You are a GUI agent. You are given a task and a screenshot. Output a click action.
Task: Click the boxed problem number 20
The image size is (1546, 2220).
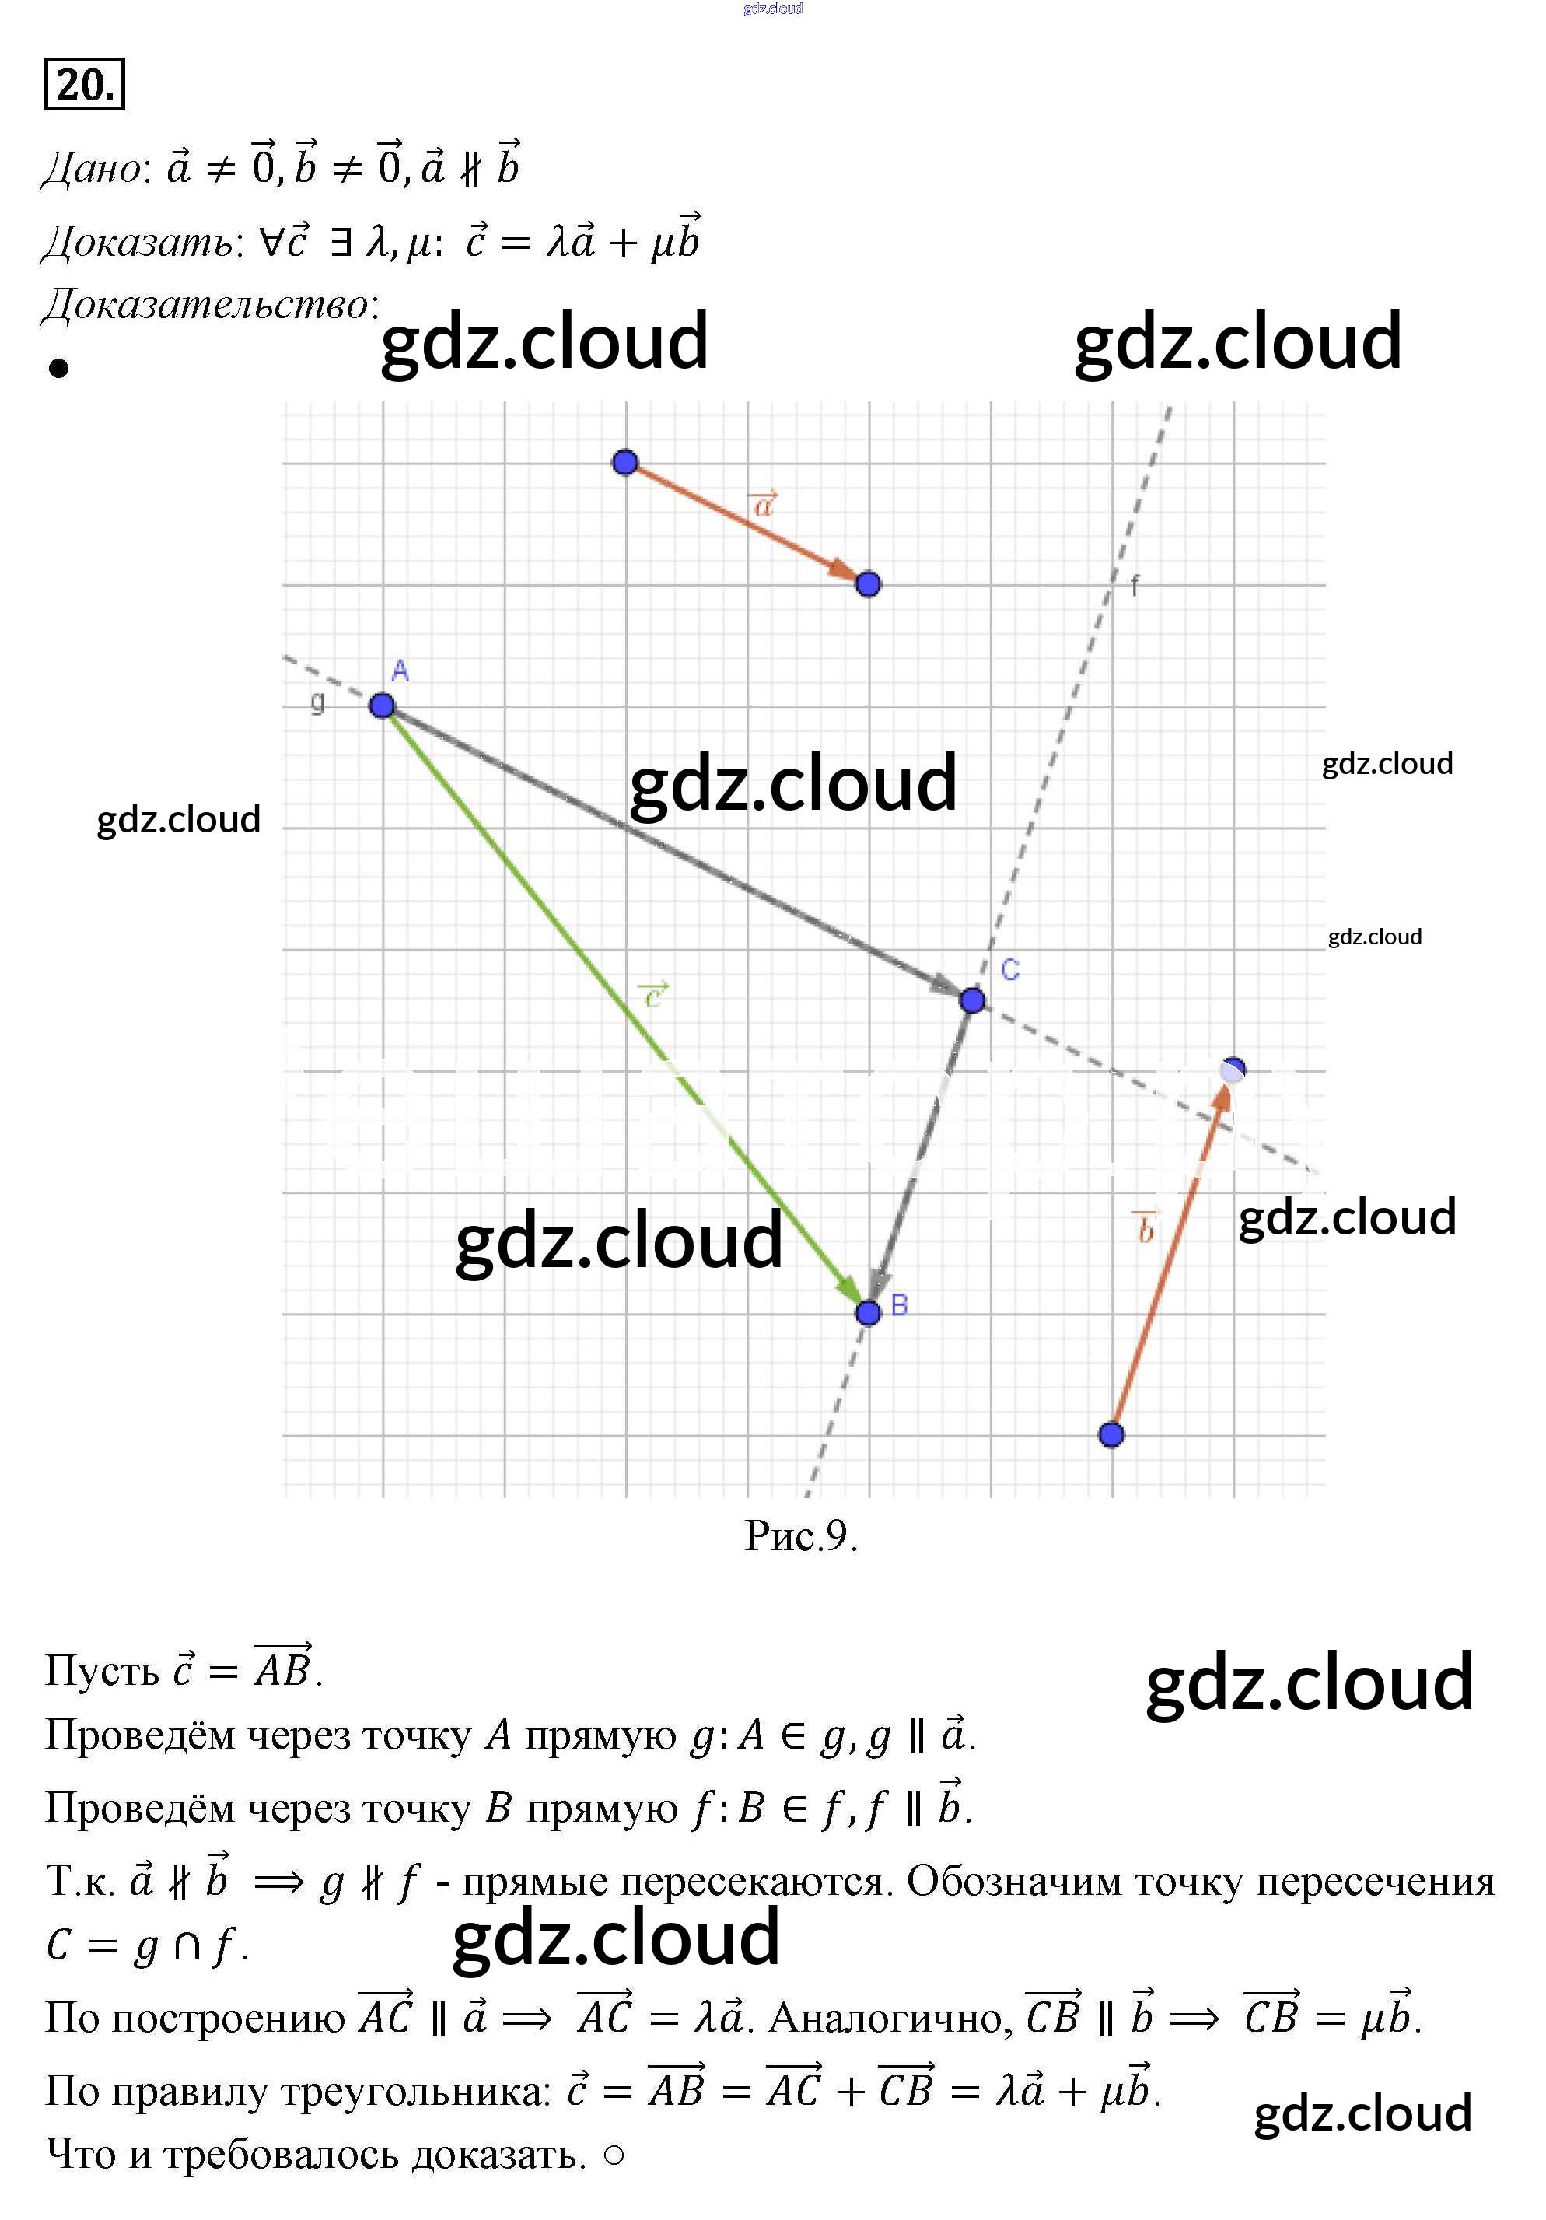[x=84, y=85]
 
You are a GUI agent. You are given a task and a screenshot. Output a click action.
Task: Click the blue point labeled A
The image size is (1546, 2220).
[x=382, y=706]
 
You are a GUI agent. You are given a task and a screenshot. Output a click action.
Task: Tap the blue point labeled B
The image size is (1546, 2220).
[x=868, y=1312]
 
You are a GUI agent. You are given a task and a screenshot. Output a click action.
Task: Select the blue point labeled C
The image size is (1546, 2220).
[x=973, y=1000]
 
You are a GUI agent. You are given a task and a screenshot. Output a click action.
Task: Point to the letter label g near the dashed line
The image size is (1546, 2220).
[x=317, y=700]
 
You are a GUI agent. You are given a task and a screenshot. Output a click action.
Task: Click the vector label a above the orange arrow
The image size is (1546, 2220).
[x=764, y=504]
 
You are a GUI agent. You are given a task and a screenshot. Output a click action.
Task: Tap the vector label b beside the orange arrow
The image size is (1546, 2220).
[x=1145, y=1228]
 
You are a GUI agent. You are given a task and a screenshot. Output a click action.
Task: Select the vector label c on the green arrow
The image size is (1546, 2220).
[x=653, y=994]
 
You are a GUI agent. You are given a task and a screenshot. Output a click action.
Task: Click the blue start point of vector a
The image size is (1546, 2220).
[x=625, y=462]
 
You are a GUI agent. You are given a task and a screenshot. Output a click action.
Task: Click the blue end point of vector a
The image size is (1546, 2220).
[x=868, y=584]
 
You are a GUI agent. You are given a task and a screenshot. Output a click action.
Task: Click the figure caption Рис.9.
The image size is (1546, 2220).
[x=800, y=1535]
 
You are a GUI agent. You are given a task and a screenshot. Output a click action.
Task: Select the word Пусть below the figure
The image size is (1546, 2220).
[x=102, y=1671]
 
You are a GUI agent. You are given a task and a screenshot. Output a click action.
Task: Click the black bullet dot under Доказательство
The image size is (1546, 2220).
[x=59, y=369]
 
